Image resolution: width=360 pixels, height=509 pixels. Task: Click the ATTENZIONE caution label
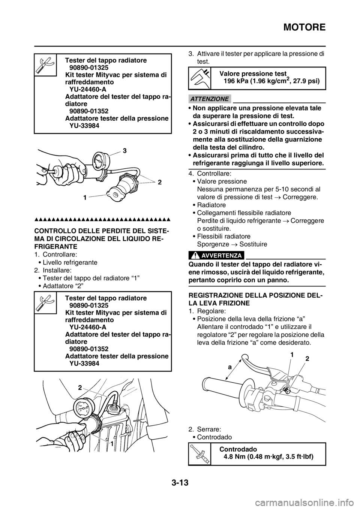(210, 99)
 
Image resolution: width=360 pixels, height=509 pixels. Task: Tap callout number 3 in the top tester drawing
(125, 150)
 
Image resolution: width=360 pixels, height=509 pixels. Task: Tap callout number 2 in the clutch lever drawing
(307, 359)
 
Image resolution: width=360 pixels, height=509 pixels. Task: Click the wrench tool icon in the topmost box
(45, 65)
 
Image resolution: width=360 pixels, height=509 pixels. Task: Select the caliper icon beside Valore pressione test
(200, 78)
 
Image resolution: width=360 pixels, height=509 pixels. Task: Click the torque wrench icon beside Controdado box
(200, 454)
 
